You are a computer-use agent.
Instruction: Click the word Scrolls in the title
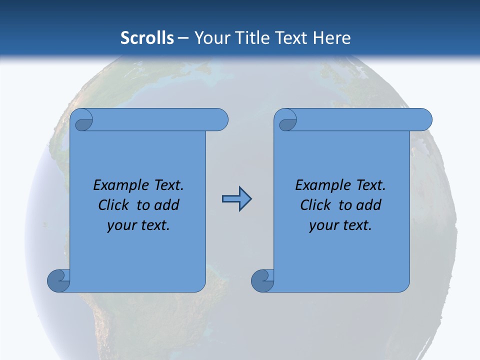pyautogui.click(x=147, y=37)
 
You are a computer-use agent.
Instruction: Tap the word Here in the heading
pyautogui.click(x=332, y=37)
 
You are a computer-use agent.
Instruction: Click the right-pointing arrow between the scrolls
pyautogui.click(x=236, y=199)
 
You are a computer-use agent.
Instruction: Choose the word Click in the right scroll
pyautogui.click(x=315, y=205)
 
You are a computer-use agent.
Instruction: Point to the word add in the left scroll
pyautogui.click(x=166, y=205)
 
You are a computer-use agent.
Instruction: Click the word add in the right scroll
pyautogui.click(x=369, y=205)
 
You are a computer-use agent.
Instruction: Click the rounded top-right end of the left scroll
pyautogui.click(x=220, y=119)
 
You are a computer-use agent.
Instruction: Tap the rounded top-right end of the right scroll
pyautogui.click(x=424, y=119)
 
